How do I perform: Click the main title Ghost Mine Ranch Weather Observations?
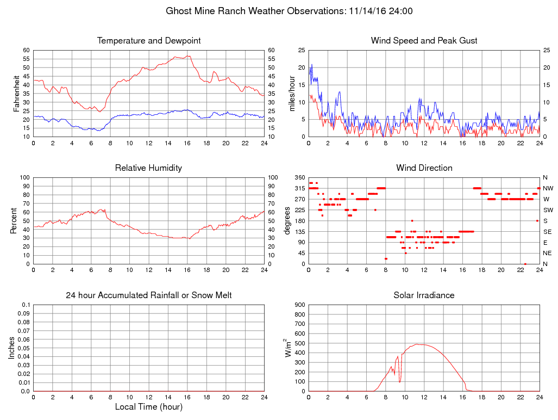tap(289, 11)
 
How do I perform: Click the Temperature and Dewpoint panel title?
tap(149, 41)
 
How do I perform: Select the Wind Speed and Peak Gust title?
tap(424, 41)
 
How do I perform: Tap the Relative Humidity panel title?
tap(149, 168)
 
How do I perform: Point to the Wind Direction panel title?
tap(424, 168)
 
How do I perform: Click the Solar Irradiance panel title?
tap(424, 295)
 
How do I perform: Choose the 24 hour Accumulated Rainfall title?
tap(149, 295)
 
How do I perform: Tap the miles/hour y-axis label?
tap(292, 93)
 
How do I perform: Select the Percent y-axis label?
tap(13, 220)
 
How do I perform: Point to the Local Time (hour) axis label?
tap(149, 407)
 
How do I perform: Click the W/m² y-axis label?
tap(289, 348)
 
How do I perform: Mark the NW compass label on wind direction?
tap(548, 188)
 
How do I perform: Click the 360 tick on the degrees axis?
tap(298, 177)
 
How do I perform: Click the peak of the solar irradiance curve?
tap(419, 344)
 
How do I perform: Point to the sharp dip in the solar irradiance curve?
tap(400, 382)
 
